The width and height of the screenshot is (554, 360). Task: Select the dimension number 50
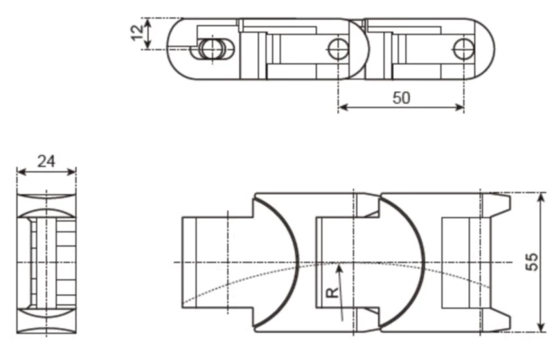coord(401,98)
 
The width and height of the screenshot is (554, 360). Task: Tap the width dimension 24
coord(46,161)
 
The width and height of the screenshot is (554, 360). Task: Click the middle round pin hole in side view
coord(337,48)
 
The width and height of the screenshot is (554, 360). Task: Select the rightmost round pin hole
coord(463,48)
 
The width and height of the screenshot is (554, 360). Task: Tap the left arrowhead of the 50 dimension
coord(342,107)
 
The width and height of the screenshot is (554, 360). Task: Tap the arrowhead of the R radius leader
coord(338,267)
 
